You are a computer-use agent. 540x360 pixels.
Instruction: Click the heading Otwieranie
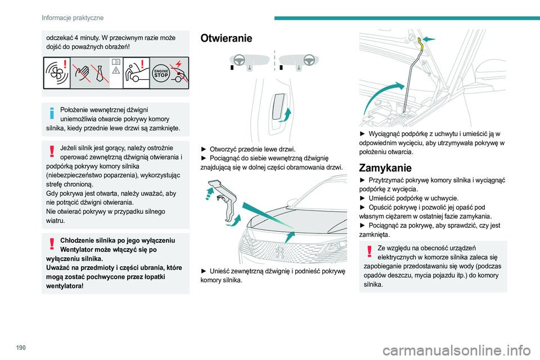[x=226, y=38]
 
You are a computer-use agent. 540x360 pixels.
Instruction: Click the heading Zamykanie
[x=385, y=168]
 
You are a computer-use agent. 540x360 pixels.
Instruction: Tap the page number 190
[x=21, y=348]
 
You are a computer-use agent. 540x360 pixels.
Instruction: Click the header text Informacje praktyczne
[x=73, y=18]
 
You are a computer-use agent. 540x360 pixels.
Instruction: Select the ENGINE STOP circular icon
[x=161, y=73]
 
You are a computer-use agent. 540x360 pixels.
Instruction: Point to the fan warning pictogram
[x=57, y=73]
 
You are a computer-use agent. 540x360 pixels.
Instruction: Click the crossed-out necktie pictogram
[x=100, y=73]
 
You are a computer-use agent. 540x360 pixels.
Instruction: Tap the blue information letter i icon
[x=52, y=112]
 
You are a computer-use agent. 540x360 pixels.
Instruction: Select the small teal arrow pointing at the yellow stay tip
[x=429, y=39]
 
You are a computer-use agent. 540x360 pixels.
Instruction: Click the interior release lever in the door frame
[x=278, y=106]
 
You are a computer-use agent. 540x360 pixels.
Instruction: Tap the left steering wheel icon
[x=240, y=60]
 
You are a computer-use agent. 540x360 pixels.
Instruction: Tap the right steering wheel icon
[x=309, y=60]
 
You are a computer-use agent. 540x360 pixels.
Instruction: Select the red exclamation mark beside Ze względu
[x=369, y=251]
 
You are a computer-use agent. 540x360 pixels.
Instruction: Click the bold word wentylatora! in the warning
[x=65, y=286]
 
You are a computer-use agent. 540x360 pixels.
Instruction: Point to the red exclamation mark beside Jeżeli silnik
[x=52, y=151]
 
